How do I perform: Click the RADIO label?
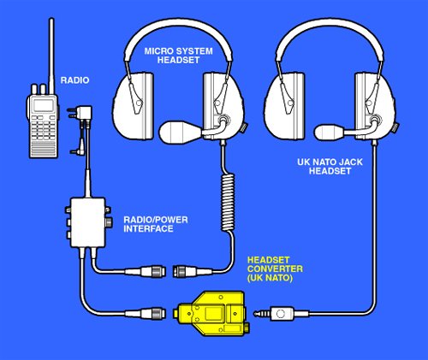coord(74,80)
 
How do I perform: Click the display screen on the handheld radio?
coord(44,106)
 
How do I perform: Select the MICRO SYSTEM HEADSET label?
coord(178,56)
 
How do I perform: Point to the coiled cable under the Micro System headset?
coord(228,202)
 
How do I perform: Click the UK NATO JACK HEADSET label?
coord(330,167)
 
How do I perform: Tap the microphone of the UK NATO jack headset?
coord(329,132)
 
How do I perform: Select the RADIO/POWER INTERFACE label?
coord(156,224)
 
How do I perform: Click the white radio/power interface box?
coord(88,222)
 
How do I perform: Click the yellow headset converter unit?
coord(211,313)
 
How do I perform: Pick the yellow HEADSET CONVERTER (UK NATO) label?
coord(275,269)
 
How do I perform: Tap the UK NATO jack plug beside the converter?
coord(274,314)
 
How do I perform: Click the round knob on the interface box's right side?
coord(109,222)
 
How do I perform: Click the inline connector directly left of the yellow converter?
coord(146,314)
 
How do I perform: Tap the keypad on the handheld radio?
coord(44,127)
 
